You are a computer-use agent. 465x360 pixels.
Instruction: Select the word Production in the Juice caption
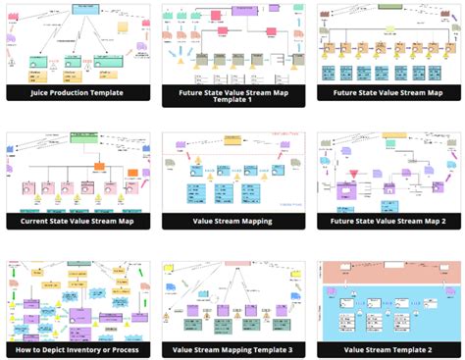coord(79,93)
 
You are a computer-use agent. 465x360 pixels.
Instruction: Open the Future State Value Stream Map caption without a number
coord(387,93)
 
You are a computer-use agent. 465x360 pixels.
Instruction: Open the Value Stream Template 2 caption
coord(387,349)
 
